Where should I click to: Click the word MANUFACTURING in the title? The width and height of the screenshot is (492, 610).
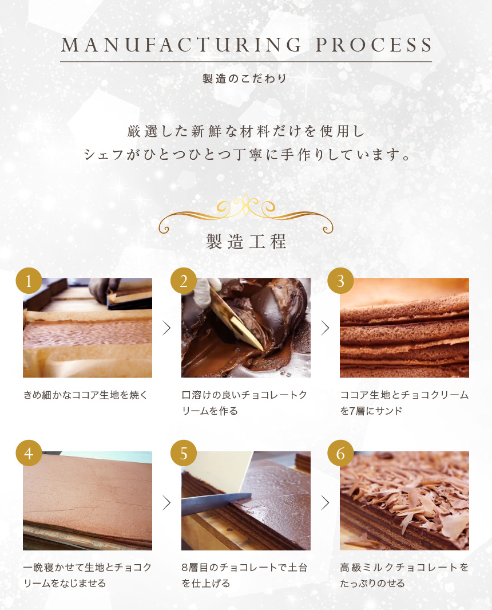click(181, 45)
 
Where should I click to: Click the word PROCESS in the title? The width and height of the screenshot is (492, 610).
click(374, 45)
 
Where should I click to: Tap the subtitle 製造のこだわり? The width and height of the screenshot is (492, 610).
click(244, 78)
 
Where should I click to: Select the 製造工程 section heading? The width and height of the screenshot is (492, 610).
click(246, 242)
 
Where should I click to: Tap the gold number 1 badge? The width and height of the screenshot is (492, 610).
click(29, 281)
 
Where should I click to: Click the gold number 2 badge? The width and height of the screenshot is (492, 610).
click(184, 281)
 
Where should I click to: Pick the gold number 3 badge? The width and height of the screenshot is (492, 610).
click(340, 281)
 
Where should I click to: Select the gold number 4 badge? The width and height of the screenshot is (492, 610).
click(29, 453)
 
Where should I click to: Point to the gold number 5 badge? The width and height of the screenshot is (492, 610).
click(184, 453)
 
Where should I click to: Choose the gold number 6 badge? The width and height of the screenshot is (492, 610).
click(340, 453)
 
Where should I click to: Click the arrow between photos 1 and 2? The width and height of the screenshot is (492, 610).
click(166, 328)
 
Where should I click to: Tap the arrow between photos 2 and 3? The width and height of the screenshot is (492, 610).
click(326, 328)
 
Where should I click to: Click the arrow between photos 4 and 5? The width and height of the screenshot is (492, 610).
click(166, 503)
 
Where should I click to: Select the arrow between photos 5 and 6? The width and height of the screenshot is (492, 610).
click(326, 503)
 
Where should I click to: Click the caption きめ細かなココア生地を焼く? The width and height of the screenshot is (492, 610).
click(85, 395)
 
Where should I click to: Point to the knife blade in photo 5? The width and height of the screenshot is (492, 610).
click(216, 502)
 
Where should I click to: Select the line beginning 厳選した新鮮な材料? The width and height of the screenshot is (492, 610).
click(246, 131)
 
